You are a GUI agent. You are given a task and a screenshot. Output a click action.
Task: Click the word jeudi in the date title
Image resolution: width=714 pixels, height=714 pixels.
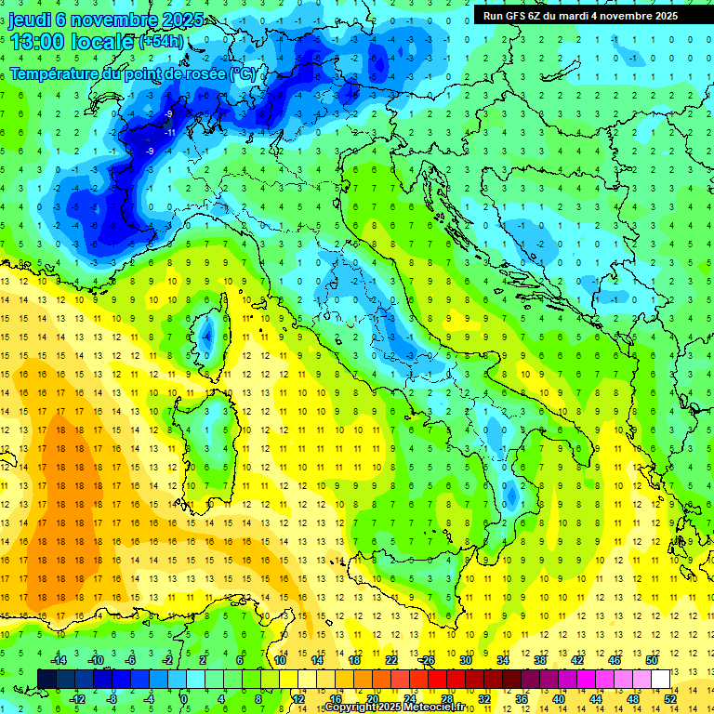[30, 20]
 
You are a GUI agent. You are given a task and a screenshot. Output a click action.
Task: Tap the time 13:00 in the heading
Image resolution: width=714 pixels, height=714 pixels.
[38, 42]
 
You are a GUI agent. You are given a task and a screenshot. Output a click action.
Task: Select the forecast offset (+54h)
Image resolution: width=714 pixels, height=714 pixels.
[161, 42]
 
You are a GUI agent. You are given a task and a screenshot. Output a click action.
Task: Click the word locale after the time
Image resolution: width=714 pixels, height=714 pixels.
[103, 42]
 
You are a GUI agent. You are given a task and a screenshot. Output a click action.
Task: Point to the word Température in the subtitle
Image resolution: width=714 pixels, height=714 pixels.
[55, 73]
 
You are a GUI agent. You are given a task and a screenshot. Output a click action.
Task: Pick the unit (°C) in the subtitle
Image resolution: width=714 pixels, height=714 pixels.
[241, 73]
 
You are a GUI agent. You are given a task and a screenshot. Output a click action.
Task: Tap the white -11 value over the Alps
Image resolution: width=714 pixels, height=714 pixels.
[170, 133]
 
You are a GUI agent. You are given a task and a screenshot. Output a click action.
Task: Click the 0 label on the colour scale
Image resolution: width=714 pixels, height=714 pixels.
[184, 699]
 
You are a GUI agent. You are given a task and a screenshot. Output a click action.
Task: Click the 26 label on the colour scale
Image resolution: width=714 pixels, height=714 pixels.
[428, 660]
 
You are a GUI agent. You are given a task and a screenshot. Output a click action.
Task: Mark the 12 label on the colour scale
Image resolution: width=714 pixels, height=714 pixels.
[297, 699]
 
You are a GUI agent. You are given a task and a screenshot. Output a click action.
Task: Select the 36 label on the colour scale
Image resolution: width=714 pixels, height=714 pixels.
[522, 699]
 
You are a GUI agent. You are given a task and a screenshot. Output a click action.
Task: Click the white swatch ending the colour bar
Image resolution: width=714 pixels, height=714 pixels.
[660, 679]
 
